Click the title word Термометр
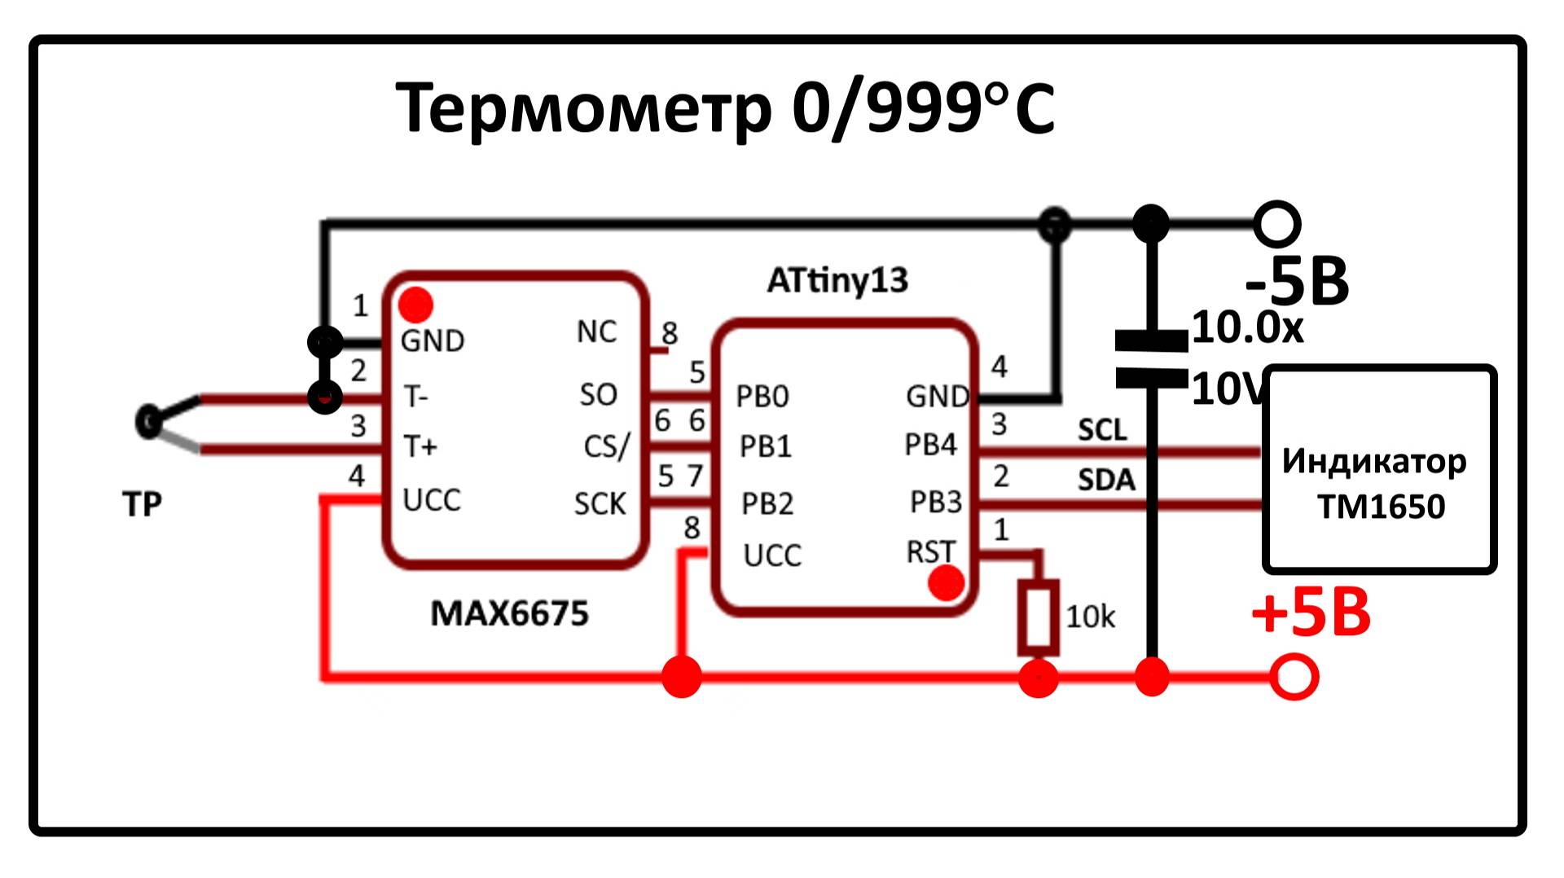(x=582, y=108)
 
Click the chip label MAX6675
(x=509, y=613)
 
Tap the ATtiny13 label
(x=837, y=280)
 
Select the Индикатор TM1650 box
(x=1380, y=470)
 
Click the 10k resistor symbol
(x=1038, y=617)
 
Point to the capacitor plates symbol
(x=1151, y=359)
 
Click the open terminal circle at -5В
(x=1276, y=224)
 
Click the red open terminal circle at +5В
(x=1294, y=677)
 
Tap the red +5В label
(x=1311, y=614)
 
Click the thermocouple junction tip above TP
(x=148, y=422)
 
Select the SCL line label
(x=1102, y=430)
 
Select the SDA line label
(x=1105, y=480)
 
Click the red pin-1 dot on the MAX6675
(x=416, y=305)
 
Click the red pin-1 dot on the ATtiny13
(x=946, y=583)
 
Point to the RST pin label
(x=929, y=551)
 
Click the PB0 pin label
(x=762, y=397)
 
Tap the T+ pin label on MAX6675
(x=420, y=446)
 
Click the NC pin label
(x=596, y=332)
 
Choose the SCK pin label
(x=600, y=504)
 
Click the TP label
(x=143, y=504)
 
